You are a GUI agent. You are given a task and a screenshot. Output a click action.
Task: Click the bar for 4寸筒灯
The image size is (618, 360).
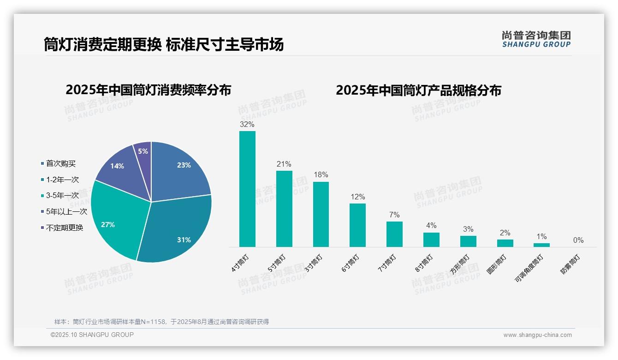[247, 189]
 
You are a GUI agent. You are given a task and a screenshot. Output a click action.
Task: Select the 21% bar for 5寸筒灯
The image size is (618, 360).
[284, 209]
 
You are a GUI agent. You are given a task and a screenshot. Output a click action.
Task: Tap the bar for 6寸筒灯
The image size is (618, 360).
[357, 225]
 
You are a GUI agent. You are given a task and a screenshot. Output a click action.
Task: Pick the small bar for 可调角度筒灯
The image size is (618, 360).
[541, 245]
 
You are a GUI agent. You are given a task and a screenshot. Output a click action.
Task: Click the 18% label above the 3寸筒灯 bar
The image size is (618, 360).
[321, 175]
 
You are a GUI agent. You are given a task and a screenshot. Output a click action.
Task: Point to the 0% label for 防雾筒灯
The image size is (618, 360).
[578, 240]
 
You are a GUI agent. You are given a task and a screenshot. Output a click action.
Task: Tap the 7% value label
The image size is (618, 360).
[394, 215]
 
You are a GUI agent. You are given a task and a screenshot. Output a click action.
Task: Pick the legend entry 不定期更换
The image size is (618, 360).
[65, 228]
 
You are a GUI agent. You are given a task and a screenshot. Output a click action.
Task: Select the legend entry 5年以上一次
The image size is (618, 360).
[66, 211]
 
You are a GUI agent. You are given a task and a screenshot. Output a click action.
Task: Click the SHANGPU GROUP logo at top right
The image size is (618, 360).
[536, 39]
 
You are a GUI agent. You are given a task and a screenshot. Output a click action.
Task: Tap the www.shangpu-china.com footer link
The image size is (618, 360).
[537, 335]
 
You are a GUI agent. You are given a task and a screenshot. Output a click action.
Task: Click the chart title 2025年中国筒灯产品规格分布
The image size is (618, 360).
[418, 90]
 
